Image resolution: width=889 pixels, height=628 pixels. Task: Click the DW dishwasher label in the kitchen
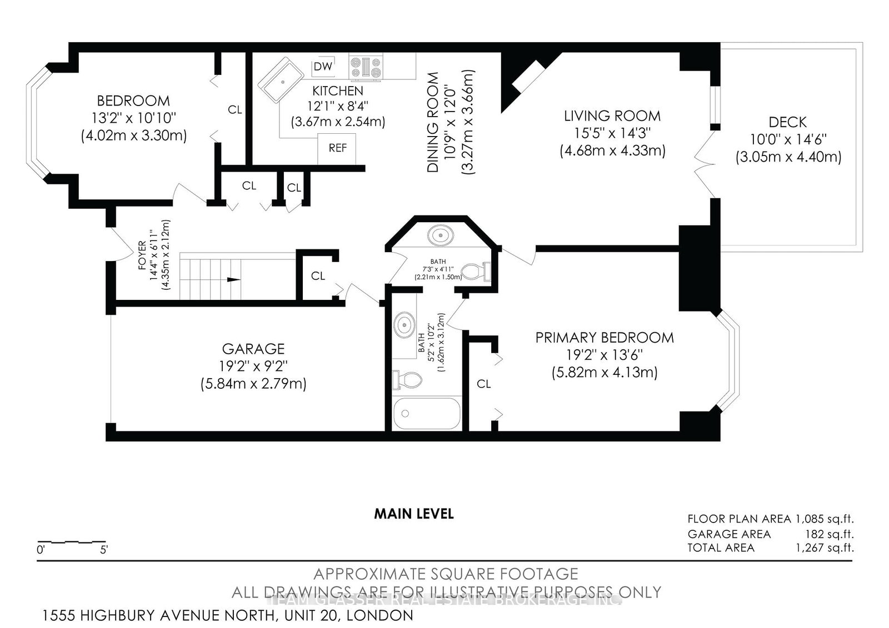click(x=323, y=66)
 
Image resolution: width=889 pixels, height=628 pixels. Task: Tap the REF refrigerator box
click(x=337, y=149)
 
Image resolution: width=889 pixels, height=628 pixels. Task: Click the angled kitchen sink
click(x=281, y=80)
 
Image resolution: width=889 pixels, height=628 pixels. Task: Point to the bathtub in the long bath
click(x=427, y=414)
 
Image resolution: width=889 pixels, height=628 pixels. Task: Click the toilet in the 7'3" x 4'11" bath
click(x=477, y=272)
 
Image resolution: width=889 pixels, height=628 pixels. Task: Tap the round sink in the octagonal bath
click(x=440, y=235)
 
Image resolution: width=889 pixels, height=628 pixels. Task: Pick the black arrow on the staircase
click(x=233, y=280)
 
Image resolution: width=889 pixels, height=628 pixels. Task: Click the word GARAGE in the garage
click(x=253, y=349)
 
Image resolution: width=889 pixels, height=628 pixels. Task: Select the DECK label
click(x=788, y=122)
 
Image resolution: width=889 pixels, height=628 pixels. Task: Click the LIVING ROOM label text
click(x=612, y=116)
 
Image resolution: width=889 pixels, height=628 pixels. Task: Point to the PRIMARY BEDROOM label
click(x=605, y=338)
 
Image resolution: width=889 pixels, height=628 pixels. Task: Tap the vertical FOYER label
click(x=142, y=255)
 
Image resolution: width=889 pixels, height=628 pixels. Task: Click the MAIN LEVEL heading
click(x=414, y=514)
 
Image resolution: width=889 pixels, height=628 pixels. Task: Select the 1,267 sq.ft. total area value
click(x=825, y=548)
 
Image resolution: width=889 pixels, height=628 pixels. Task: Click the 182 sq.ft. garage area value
click(x=831, y=534)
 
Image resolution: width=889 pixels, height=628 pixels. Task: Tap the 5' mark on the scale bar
click(x=103, y=550)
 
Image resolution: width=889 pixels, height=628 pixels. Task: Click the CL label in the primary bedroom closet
click(x=484, y=384)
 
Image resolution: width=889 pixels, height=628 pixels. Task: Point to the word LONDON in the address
click(x=380, y=615)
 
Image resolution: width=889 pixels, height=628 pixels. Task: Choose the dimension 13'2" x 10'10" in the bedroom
click(x=134, y=118)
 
